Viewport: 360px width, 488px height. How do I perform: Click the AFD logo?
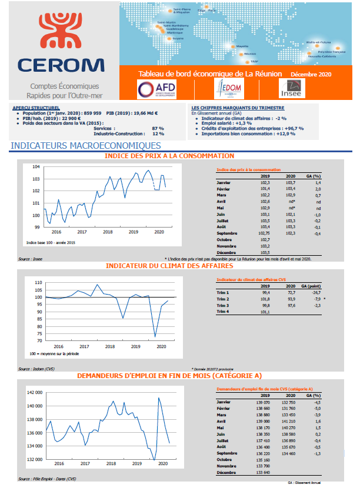click(156, 88)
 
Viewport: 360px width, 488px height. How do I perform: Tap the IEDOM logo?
click(229, 88)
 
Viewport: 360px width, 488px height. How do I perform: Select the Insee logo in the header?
click(291, 89)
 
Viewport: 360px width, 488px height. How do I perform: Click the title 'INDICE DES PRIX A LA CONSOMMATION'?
click(169, 156)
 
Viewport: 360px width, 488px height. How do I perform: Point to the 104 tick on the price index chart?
click(36, 166)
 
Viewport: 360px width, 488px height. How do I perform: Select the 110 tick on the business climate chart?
click(39, 283)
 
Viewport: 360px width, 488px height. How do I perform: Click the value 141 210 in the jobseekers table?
click(289, 421)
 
